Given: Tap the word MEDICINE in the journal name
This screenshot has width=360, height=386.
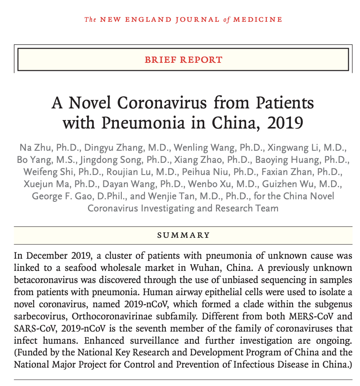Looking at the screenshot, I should (x=257, y=19).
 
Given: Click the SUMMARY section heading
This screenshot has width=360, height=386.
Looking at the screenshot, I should (x=183, y=235).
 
